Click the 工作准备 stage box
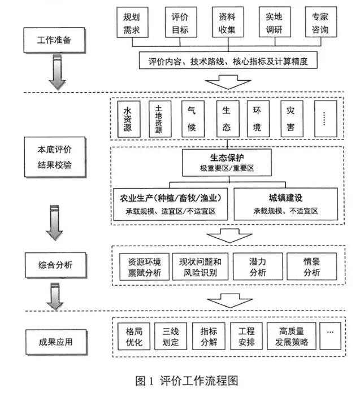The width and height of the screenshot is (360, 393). coord(54,40)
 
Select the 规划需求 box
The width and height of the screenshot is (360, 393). coord(132,23)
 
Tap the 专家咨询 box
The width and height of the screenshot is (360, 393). coord(321,22)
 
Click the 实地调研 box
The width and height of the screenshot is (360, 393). coord(275,22)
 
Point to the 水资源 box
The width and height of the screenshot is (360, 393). coord(129,119)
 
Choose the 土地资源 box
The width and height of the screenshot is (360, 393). coord(160,119)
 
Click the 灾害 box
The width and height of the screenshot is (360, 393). coord(292,119)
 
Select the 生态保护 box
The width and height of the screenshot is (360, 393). coord(227,163)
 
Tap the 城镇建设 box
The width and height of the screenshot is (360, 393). coord(286,204)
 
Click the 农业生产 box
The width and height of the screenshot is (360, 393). coord(171,204)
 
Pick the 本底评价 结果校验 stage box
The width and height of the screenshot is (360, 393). coord(55,157)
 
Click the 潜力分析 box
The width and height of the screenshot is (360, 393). coord(258,267)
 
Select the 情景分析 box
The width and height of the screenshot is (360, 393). coord(312,267)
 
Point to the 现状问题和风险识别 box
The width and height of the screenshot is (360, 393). coord(200,267)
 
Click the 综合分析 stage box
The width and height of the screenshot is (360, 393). coord(56,265)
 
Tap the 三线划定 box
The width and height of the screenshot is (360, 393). coord(171,336)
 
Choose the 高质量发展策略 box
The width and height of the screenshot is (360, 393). coord(292,336)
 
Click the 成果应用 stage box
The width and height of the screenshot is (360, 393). coord(56,342)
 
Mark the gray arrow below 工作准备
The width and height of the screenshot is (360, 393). coord(58,72)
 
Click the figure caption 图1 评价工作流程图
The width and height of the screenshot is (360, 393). coord(186,381)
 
